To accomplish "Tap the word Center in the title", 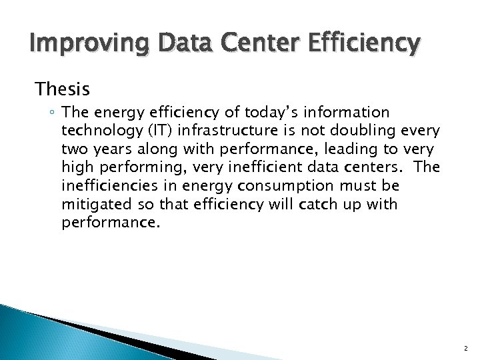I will point(247,45).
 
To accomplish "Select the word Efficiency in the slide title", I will point(361,45).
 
